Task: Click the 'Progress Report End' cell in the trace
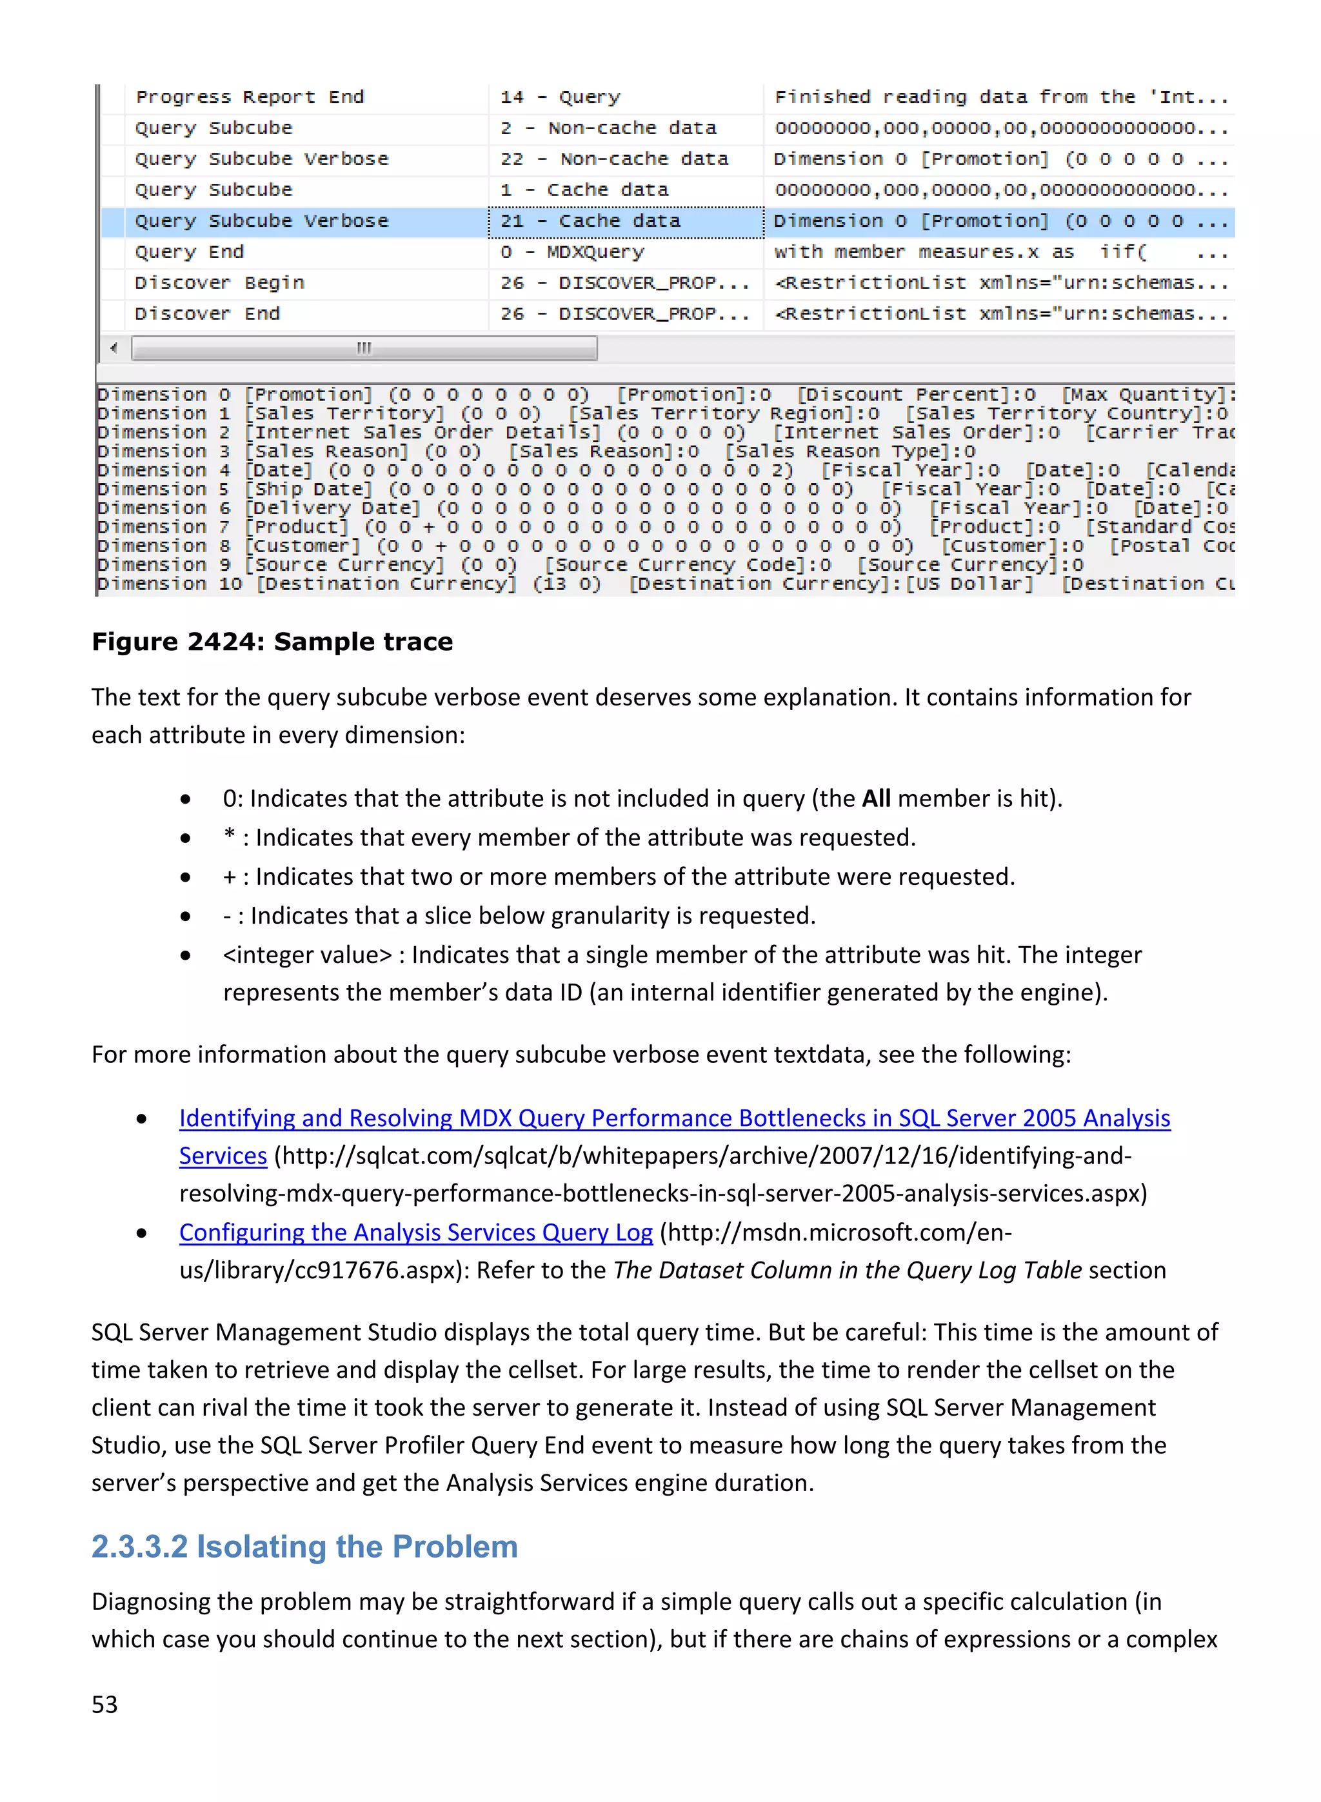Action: (x=250, y=97)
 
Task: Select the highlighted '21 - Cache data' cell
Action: (x=590, y=221)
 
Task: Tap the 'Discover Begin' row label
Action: (x=219, y=283)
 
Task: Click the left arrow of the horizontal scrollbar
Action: (x=114, y=348)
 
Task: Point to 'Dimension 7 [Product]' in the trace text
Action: (x=223, y=528)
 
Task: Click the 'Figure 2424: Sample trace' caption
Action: (x=272, y=642)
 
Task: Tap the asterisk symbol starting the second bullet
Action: (x=229, y=837)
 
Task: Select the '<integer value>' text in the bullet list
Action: (x=307, y=955)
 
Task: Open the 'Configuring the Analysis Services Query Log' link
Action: (x=416, y=1233)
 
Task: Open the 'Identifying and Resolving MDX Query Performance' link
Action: (x=674, y=1118)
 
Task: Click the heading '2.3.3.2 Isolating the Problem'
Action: (x=304, y=1547)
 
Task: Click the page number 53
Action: (x=104, y=1705)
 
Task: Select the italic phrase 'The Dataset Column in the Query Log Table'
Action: (x=847, y=1271)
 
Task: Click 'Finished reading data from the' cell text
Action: (x=955, y=97)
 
